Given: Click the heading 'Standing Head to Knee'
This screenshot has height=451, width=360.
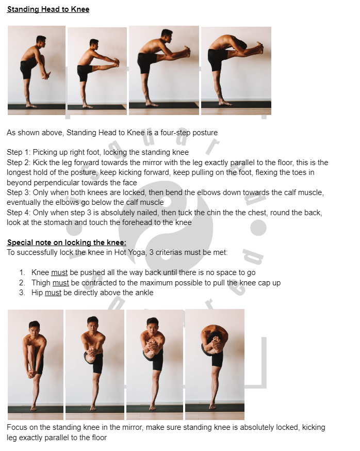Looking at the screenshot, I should [x=48, y=9].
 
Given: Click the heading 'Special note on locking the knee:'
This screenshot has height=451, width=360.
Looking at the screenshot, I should [x=67, y=243].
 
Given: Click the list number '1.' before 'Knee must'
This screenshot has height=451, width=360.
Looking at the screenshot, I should [x=22, y=272].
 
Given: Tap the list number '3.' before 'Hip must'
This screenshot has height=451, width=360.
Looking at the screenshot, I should [x=22, y=293].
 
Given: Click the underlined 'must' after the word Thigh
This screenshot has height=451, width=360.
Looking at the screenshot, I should [x=61, y=283].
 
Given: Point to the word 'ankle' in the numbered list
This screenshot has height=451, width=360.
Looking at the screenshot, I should [x=143, y=293].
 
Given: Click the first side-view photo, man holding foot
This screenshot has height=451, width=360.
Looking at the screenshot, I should [x=36, y=70].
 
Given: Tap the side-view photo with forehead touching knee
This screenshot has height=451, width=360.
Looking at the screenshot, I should [x=236, y=70].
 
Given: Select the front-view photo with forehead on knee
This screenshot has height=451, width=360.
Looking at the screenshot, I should [x=215, y=364].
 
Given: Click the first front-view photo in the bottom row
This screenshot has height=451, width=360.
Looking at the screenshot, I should [x=35, y=364].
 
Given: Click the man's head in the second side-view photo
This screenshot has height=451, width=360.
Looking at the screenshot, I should [x=93, y=43].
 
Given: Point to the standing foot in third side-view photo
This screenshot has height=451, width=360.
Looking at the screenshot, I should [x=151, y=103].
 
